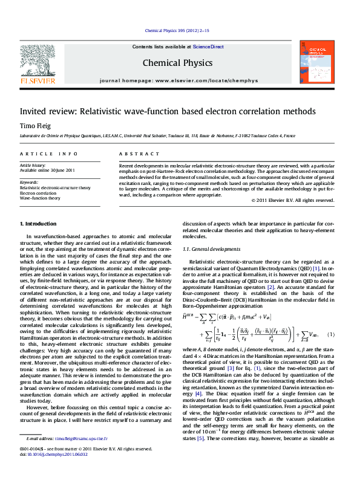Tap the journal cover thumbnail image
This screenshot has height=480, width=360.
(317, 62)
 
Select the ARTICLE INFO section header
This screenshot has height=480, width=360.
(48, 154)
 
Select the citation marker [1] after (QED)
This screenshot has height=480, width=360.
(316, 267)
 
